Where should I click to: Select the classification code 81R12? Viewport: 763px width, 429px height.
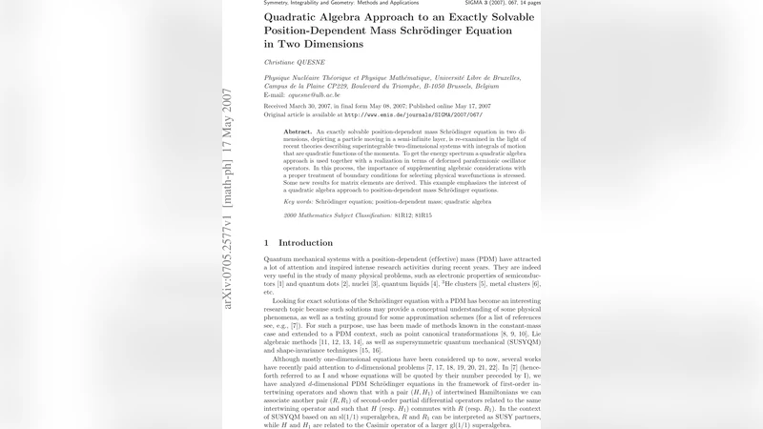pos(410,216)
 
